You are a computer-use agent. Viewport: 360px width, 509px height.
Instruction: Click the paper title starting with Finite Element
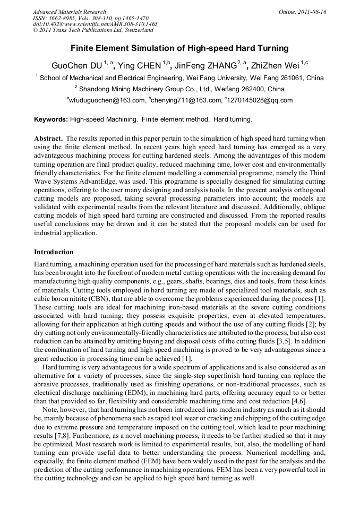pos(179,48)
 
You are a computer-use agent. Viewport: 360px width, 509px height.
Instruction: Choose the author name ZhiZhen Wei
pos(276,66)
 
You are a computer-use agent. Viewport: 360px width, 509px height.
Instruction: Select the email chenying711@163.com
pos(185,100)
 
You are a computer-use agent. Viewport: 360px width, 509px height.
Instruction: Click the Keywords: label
pos(51,119)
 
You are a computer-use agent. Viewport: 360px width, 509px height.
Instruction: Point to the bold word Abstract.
pos(48,138)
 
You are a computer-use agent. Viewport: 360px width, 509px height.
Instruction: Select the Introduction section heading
pos(54,252)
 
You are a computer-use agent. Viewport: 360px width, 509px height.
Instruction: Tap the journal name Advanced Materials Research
pos(69,12)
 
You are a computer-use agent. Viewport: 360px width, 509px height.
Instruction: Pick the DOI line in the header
pos(95,24)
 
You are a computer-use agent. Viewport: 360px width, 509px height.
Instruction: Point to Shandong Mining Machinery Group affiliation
pos(179,89)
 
